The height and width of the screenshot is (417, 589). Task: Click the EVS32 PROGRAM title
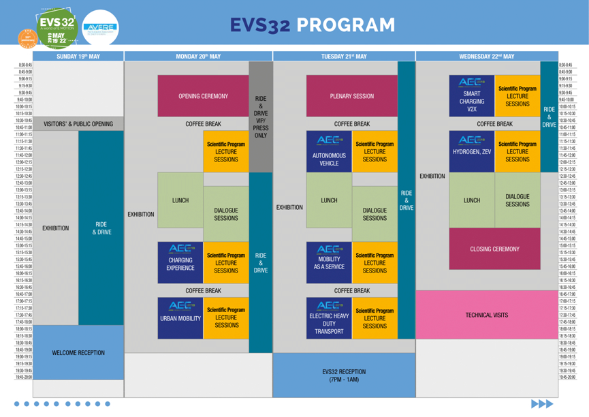312,25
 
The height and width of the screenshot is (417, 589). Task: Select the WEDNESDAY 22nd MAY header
487,57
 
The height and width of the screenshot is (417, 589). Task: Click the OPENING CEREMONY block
204,96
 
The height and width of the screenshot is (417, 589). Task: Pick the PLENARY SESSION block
351,96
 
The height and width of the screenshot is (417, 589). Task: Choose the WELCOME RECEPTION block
78,353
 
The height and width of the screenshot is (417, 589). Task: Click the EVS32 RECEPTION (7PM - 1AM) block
344,375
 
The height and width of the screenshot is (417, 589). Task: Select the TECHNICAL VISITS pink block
486,315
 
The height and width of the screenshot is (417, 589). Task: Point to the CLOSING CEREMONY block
494,249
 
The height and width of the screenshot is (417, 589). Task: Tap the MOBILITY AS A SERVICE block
329,259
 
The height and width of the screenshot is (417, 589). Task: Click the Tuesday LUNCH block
329,200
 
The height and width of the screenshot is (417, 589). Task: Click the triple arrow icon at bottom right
543,403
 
